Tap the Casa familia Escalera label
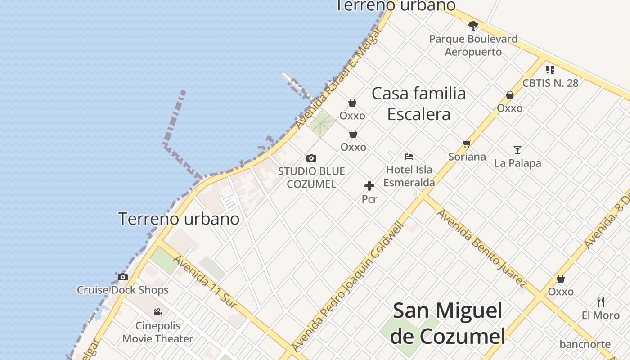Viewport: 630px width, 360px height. [419, 103]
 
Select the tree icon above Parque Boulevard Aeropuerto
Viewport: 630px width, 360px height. [473, 25]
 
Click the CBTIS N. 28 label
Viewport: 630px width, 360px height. [550, 83]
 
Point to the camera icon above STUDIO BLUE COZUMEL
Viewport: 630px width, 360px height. [311, 158]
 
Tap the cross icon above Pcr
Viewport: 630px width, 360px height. [369, 186]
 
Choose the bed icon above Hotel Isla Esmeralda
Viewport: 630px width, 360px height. [409, 157]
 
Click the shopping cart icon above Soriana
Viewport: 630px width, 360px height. [467, 144]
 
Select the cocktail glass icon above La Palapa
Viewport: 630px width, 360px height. [517, 150]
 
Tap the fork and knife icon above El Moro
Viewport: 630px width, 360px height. [600, 301]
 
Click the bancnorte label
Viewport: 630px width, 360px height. [585, 345]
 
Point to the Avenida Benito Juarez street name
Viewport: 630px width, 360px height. [481, 248]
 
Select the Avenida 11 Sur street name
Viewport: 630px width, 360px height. [205, 282]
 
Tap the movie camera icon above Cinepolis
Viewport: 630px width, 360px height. [157, 312]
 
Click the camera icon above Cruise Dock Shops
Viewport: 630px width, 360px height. [122, 277]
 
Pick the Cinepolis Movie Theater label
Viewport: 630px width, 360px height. [158, 332]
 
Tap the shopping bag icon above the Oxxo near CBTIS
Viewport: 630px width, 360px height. [510, 95]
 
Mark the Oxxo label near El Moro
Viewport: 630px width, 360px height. [561, 292]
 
